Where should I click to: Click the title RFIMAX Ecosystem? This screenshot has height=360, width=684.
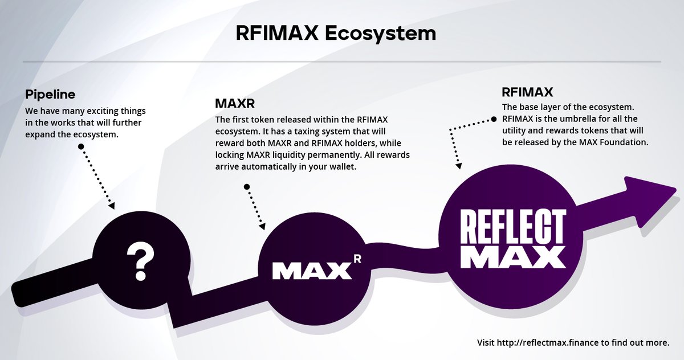[x=336, y=33]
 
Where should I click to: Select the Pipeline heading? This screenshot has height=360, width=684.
[x=51, y=94]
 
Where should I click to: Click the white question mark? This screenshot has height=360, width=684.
[x=141, y=261]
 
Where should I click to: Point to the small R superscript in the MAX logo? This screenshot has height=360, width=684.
[x=357, y=259]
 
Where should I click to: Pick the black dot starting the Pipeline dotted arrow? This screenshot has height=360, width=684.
[x=81, y=146]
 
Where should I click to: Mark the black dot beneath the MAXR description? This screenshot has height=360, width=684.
[x=246, y=186]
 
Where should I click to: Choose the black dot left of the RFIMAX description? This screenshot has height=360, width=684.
[x=494, y=120]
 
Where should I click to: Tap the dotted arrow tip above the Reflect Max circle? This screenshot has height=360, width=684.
[x=458, y=166]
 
